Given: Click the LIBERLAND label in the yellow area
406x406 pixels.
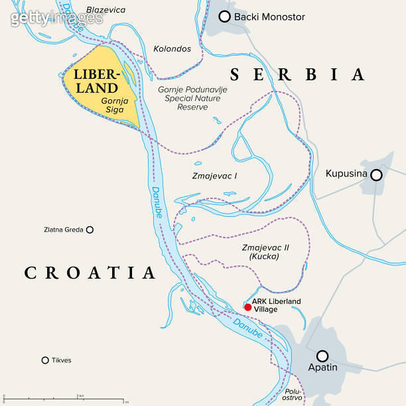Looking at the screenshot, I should pos(96,80).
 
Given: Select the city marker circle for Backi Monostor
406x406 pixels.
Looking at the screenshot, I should pos(225,17).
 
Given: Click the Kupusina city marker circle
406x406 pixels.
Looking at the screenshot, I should pos(376,174).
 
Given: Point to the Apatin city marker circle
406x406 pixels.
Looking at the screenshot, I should pos(322,356).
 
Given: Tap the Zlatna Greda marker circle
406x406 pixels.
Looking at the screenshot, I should pos(90,230).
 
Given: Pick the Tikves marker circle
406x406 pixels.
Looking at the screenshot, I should pos(45,360).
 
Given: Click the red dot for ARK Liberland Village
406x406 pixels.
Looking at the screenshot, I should pos(247,306).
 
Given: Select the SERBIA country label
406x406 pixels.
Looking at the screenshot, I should pos(297,74).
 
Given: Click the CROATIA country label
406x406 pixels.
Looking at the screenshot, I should pos(90,272).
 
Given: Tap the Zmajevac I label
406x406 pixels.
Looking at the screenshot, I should pos(214,176).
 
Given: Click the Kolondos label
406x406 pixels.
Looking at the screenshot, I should pos(172,49).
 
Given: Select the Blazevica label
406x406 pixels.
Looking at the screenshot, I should pos(105,10).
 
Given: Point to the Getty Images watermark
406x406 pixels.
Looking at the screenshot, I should pos(56,17).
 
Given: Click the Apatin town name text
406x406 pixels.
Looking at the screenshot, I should pos(322,368).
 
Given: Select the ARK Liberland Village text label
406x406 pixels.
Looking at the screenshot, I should pos(276,305).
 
